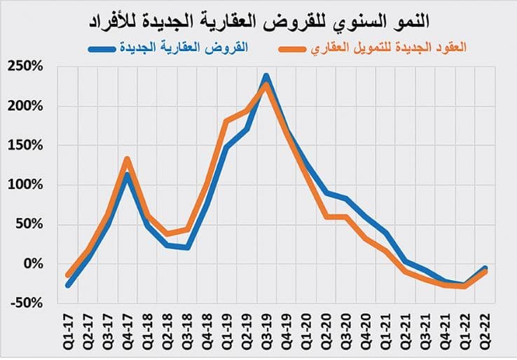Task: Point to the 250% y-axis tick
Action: click(x=27, y=67)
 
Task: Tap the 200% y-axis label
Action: click(x=27, y=106)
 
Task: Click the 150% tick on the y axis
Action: click(x=27, y=146)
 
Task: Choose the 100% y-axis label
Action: click(x=27, y=185)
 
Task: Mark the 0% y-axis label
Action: click(x=34, y=264)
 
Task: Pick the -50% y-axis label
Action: click(x=27, y=303)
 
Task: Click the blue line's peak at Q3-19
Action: click(x=266, y=76)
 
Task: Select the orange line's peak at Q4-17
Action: click(x=127, y=159)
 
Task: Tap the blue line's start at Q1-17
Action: click(x=68, y=285)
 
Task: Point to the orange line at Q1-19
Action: click(x=226, y=122)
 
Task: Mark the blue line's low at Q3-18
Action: click(x=187, y=247)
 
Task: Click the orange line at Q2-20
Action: click(x=326, y=216)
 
